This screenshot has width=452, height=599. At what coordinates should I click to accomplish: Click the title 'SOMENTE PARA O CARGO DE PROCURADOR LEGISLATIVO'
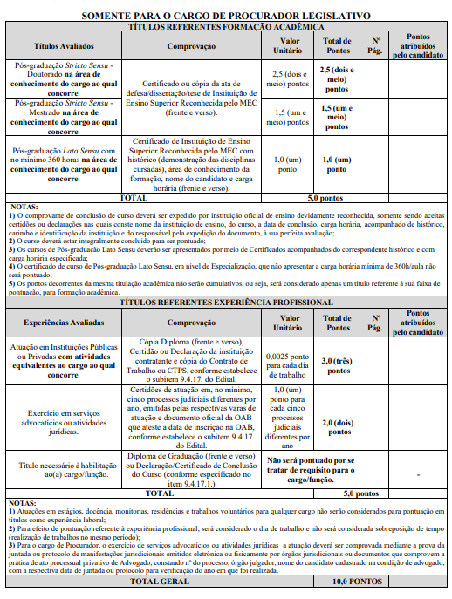pos(226,16)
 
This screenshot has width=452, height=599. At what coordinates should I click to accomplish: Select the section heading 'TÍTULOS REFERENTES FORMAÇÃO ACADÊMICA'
pos(226,27)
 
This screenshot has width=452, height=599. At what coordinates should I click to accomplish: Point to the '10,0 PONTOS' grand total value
pos(357,581)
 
